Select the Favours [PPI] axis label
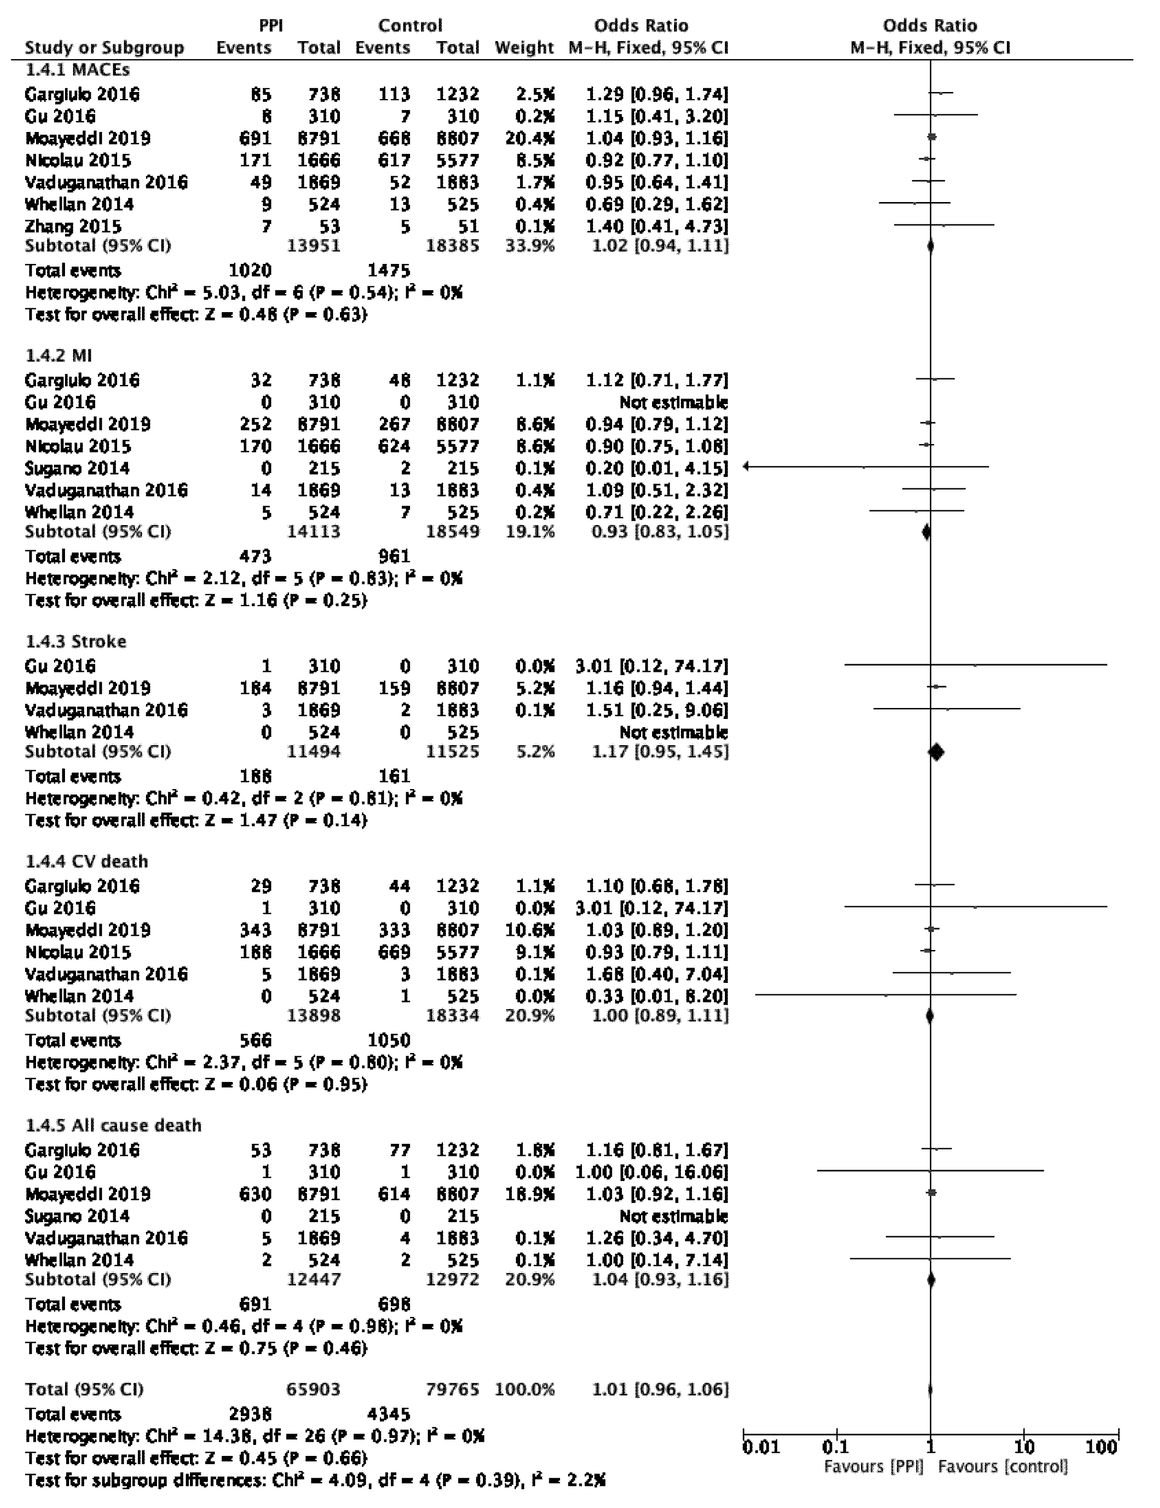(873, 1466)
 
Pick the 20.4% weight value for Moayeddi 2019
(529, 138)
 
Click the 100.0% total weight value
(525, 1389)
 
